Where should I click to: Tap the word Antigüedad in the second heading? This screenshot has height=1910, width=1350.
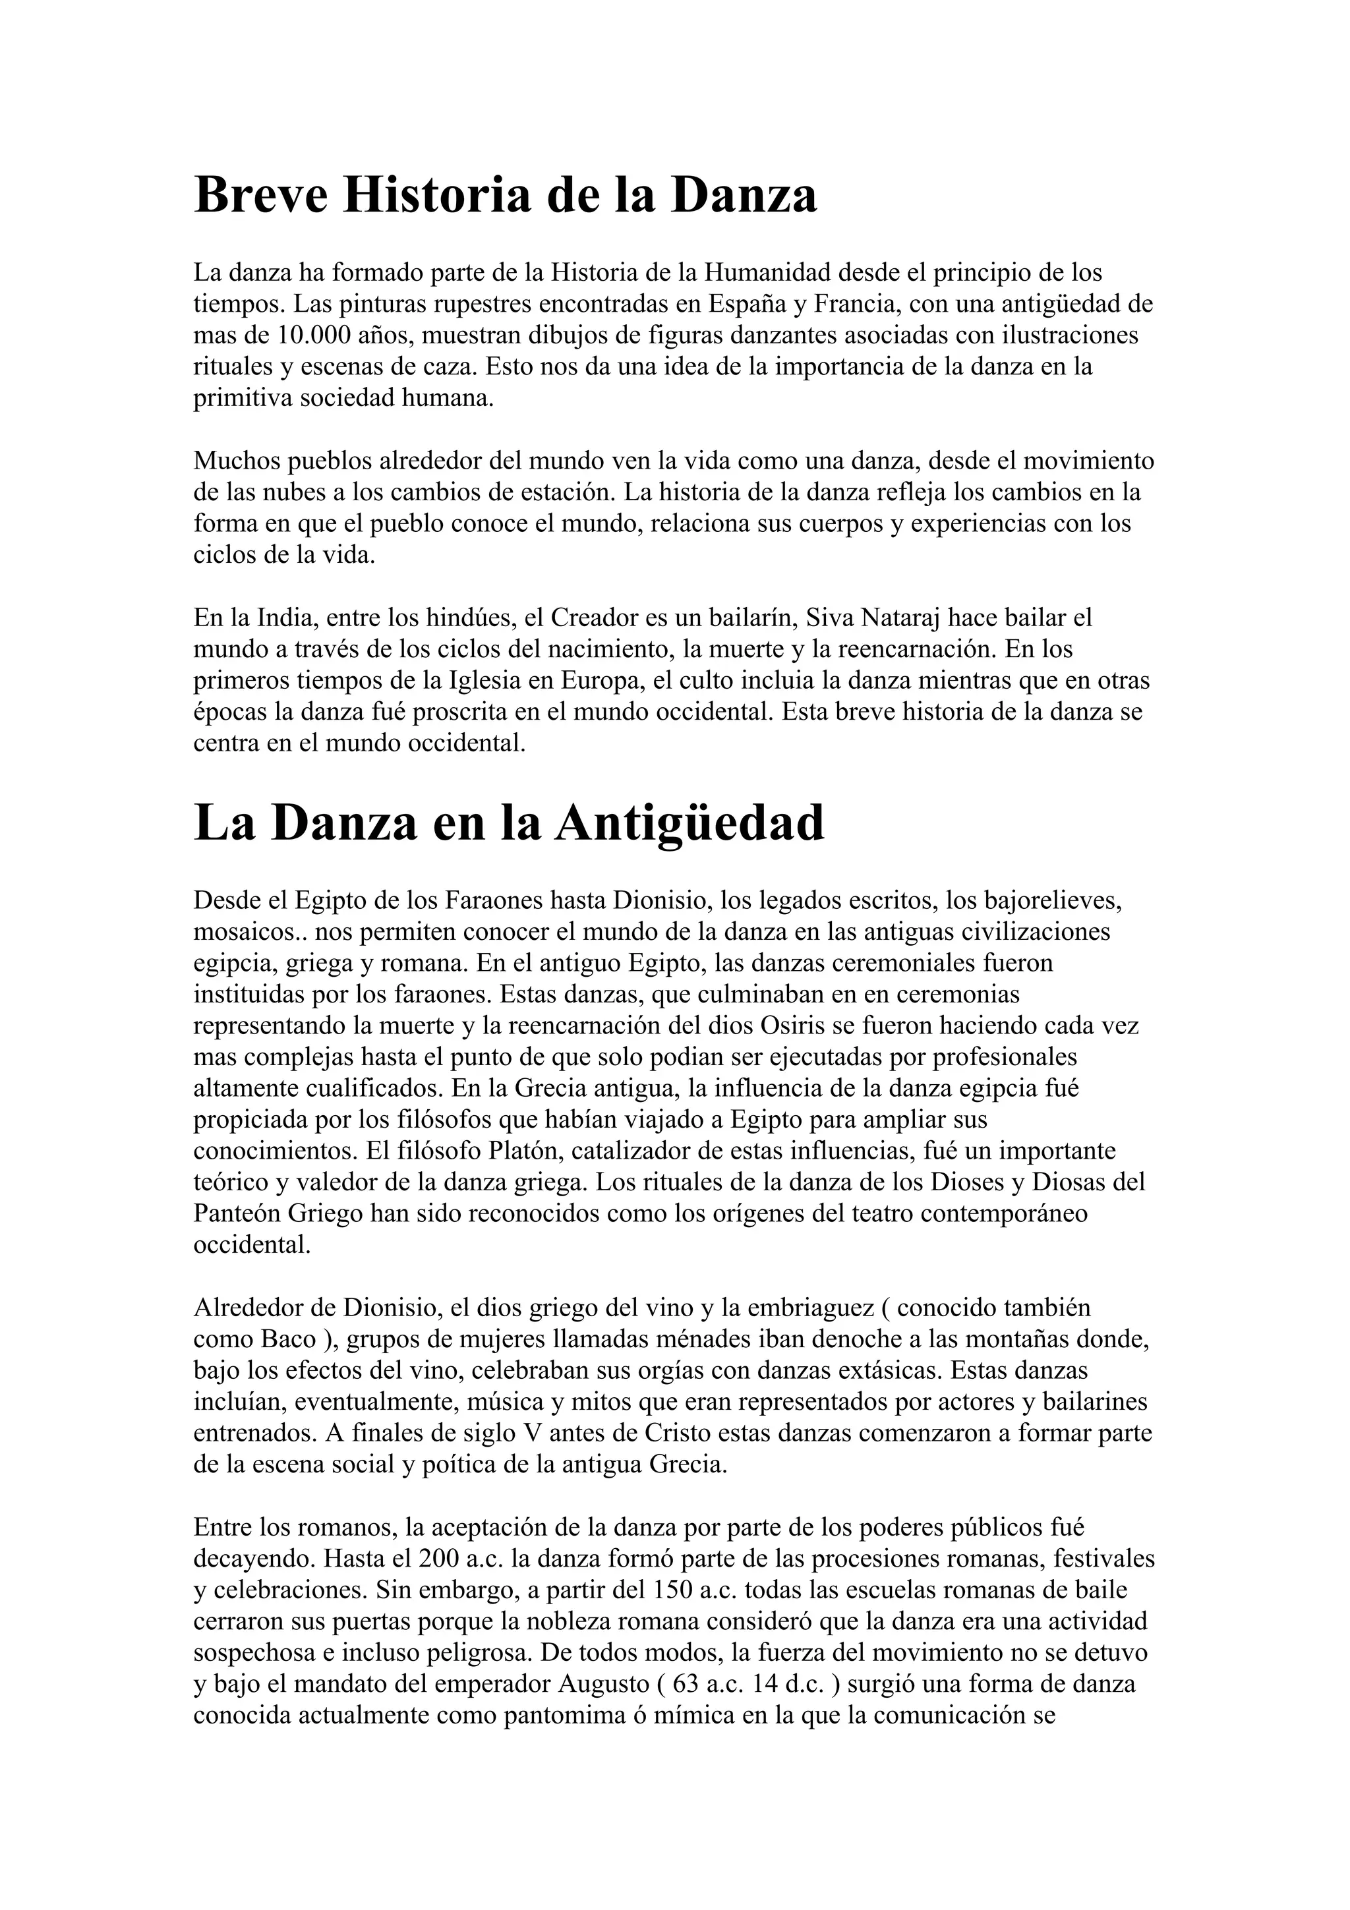point(690,823)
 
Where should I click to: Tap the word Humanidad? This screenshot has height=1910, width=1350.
point(768,272)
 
